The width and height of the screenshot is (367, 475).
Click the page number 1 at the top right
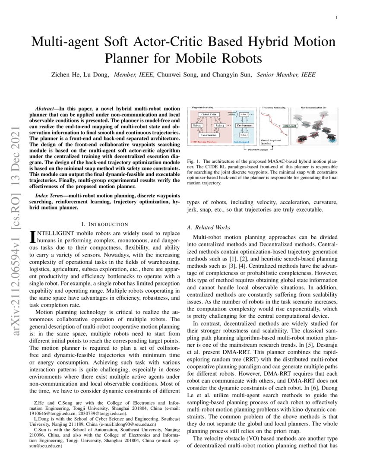[x=336, y=18]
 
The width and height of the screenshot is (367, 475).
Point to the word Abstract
[x=46, y=106]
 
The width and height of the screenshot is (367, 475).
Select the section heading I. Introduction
[x=105, y=224]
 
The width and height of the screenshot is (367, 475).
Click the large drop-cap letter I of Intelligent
[x=31, y=236]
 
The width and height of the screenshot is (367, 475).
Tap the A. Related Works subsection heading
[x=209, y=227]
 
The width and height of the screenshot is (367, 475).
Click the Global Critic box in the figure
[x=210, y=114]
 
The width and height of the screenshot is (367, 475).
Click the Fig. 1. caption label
[x=193, y=161]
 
